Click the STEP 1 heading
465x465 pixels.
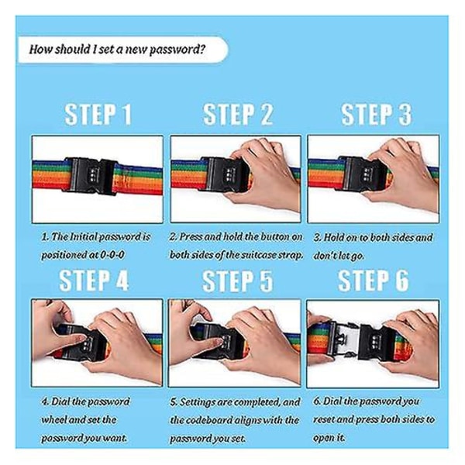point(98,114)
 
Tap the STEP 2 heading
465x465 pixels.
point(238,114)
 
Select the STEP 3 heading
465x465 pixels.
point(377,114)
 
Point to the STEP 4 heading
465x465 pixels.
point(94,281)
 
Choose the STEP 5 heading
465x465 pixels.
point(237,281)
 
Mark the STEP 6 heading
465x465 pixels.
point(374,281)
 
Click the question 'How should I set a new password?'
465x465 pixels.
point(117,50)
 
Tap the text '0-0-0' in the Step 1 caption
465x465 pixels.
point(112,255)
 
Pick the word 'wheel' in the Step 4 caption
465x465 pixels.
point(53,419)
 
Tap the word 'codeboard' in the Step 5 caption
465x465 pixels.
point(210,420)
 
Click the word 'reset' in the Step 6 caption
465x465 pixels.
point(324,419)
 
